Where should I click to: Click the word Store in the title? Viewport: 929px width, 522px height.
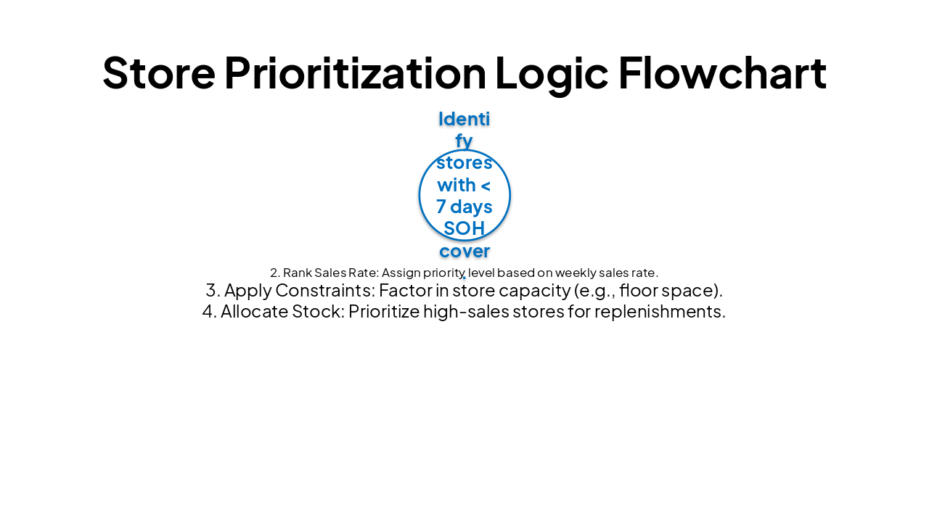(158, 73)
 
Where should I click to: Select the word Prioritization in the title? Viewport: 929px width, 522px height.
(355, 73)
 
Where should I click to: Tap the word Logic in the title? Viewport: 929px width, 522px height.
(551, 73)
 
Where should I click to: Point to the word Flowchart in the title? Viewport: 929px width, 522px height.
(721, 73)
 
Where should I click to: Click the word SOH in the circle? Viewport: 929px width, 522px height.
(464, 229)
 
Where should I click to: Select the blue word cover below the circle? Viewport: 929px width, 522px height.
(464, 252)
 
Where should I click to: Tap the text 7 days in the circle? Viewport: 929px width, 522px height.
(464, 207)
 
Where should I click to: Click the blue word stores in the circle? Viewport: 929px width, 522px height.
(464, 162)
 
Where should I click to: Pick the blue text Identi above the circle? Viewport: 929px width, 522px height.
(464, 119)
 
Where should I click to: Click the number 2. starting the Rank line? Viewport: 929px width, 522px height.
(275, 273)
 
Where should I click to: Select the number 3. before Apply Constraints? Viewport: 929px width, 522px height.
(213, 291)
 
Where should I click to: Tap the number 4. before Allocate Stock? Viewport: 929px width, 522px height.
(210, 312)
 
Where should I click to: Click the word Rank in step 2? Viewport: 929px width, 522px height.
(298, 273)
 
